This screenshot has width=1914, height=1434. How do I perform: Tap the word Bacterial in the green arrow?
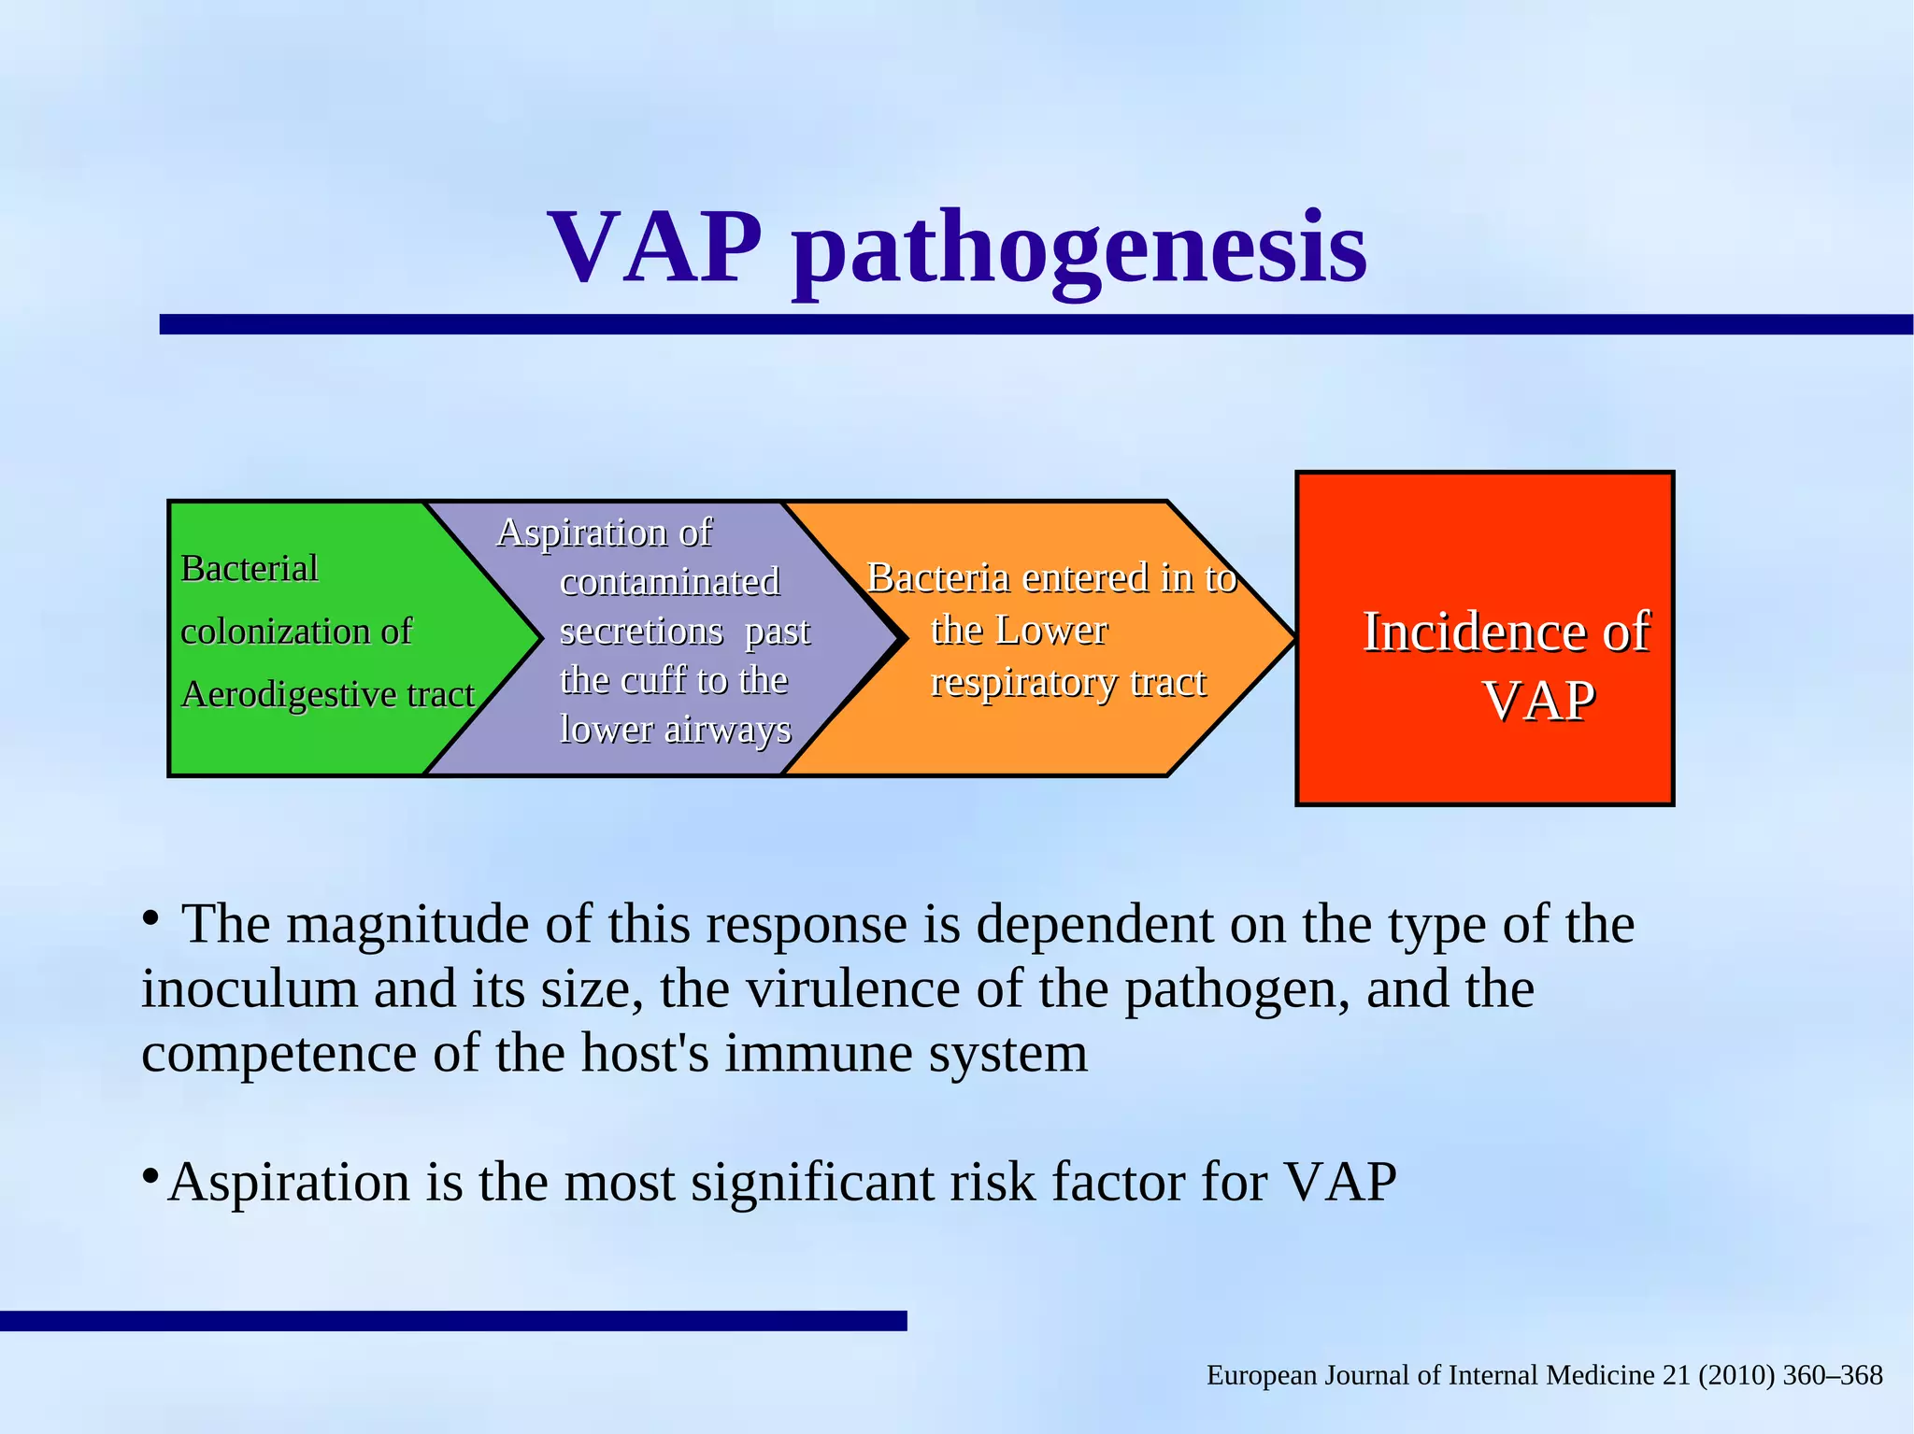tap(250, 568)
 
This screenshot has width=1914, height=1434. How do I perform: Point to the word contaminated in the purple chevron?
tap(669, 582)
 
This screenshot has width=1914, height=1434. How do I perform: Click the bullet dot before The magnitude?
tap(150, 919)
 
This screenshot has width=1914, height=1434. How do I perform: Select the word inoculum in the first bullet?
tap(249, 988)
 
